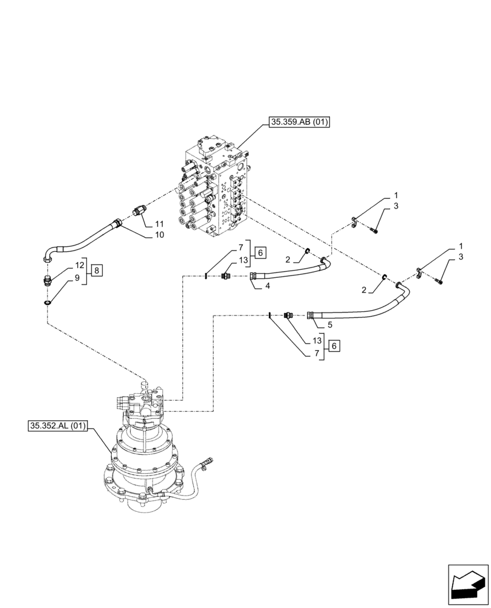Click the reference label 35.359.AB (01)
pos(297,122)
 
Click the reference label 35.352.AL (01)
pos(57,426)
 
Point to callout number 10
pos(160,235)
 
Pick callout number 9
pos(77,277)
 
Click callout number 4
pos(267,285)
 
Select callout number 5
pos(329,325)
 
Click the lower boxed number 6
pos(335,346)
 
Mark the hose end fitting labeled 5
pos(312,314)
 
